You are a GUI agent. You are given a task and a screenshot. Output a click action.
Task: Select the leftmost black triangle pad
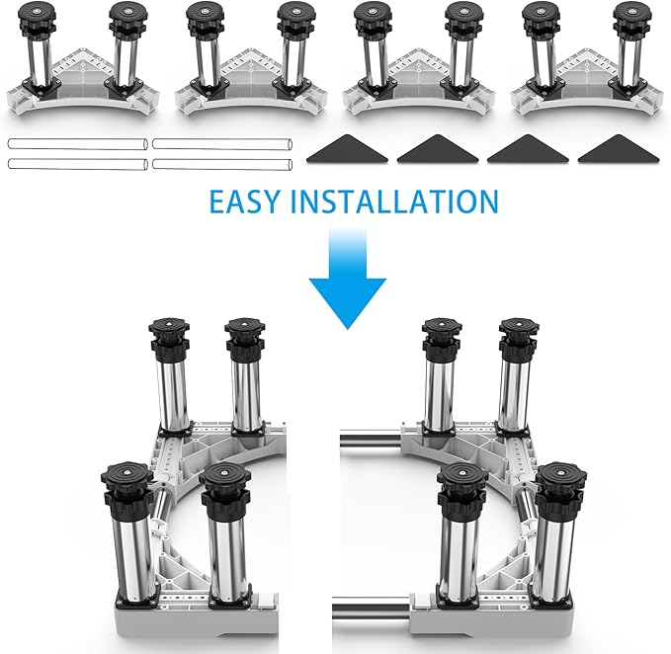pos(347,149)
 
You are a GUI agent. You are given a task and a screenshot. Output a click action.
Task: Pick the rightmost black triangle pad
pos(619,149)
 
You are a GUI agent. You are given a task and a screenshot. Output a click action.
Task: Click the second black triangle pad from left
pos(438,149)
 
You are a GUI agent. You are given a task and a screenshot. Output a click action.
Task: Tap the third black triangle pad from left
pos(528,149)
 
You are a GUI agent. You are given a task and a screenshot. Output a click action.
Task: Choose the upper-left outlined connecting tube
pos(78,144)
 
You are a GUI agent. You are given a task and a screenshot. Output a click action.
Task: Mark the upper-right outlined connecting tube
pos(222,143)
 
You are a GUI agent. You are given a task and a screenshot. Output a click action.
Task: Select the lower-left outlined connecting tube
pos(78,164)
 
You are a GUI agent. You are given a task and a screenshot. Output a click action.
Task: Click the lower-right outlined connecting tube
pos(222,164)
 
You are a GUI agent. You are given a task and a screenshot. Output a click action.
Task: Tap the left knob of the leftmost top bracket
pos(38,18)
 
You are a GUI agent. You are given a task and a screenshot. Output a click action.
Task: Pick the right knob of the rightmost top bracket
pos(632,18)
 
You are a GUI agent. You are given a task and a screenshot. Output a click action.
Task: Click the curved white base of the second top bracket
pos(251,103)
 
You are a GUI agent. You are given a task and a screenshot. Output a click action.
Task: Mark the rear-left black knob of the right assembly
pos(442,339)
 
